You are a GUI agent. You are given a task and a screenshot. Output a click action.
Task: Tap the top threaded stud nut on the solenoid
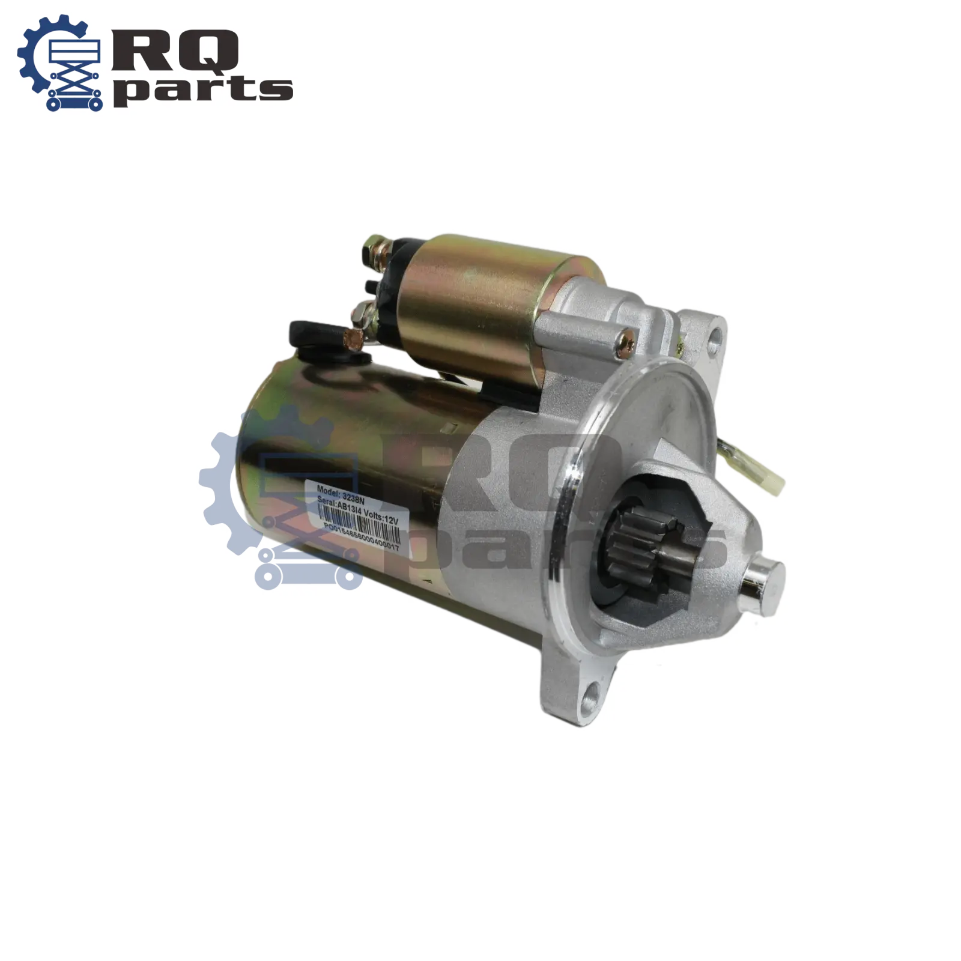coord(373,246)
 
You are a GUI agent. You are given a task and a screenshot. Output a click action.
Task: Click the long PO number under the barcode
coord(361,538)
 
